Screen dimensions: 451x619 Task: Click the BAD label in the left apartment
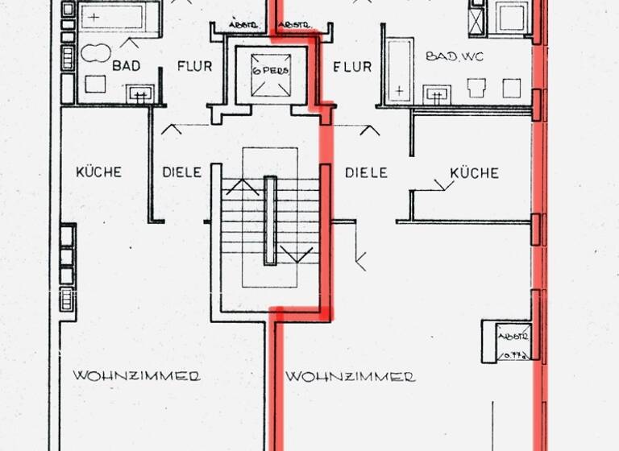click(127, 66)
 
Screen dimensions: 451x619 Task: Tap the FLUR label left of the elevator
click(194, 66)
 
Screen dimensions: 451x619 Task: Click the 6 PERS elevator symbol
click(269, 69)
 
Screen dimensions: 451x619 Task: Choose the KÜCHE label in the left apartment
click(98, 172)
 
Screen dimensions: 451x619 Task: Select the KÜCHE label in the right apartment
click(474, 172)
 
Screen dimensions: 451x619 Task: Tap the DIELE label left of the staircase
click(181, 172)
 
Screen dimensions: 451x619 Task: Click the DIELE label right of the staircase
click(366, 172)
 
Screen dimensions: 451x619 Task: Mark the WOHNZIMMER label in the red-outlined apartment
click(351, 377)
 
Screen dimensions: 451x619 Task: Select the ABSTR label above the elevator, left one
click(242, 26)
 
